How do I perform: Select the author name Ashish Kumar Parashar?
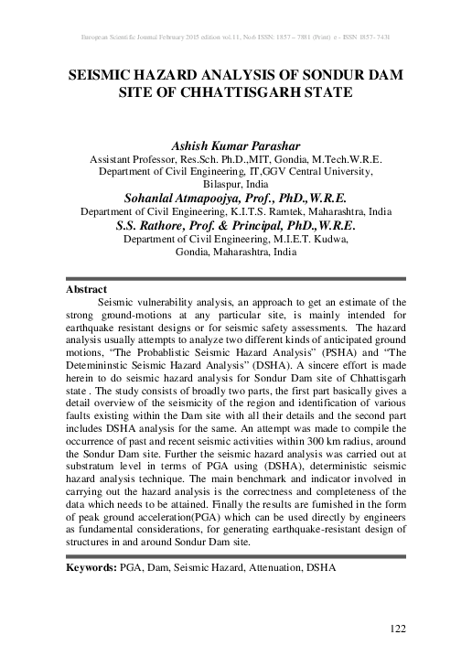click(236, 143)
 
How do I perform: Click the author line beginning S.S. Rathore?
click(236, 225)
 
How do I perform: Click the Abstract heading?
click(88, 288)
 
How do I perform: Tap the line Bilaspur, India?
click(236, 183)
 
